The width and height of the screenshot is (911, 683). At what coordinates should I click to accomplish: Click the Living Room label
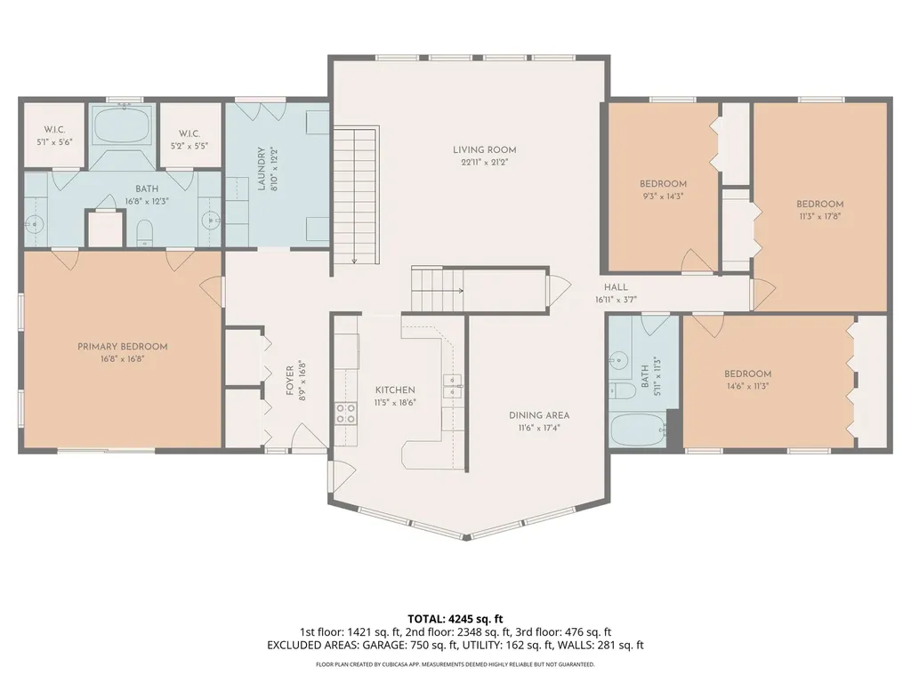[485, 149]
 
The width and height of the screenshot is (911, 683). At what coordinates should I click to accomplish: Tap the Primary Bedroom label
[123, 347]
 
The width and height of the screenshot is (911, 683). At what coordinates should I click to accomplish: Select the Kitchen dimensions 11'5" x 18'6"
[395, 403]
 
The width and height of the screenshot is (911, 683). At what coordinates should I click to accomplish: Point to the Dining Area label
[539, 415]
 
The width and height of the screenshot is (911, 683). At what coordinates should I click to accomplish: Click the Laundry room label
[262, 168]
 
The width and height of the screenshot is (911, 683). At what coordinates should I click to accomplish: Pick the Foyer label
[290, 381]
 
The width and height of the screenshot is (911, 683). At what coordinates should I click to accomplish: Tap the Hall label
[616, 287]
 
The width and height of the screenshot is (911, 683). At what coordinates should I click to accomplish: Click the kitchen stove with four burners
[346, 413]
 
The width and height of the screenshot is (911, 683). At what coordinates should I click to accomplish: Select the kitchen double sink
[453, 386]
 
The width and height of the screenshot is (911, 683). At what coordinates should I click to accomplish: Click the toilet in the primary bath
[144, 232]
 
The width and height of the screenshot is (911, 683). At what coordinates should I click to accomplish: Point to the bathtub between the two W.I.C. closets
[123, 125]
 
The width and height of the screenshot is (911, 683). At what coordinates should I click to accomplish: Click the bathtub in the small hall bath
[638, 430]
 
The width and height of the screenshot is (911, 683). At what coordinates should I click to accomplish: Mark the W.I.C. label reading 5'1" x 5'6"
[54, 135]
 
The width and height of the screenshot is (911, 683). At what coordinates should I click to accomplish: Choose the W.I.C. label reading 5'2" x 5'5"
[189, 140]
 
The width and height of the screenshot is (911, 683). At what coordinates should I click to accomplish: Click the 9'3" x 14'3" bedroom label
[663, 190]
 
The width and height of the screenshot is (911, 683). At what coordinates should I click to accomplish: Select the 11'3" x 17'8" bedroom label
[819, 210]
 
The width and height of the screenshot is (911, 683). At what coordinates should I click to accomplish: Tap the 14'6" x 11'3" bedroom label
[747, 379]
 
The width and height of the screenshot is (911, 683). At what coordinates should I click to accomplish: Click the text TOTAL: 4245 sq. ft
[455, 619]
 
